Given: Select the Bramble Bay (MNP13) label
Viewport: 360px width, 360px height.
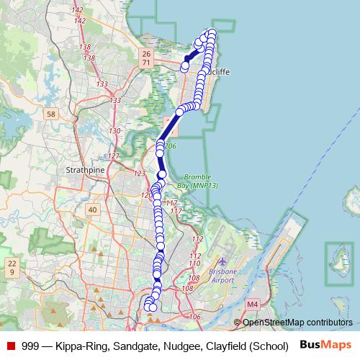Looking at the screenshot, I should click(200, 181).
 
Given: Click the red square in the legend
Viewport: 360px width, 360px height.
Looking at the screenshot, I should click(11, 346).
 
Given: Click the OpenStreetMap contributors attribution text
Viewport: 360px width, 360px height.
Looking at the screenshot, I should click(297, 322).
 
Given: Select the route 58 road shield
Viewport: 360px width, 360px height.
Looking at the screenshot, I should click(50, 114).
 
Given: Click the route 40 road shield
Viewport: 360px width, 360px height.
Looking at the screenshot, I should click(92, 210).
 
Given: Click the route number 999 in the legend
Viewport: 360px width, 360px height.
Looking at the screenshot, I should click(30, 346).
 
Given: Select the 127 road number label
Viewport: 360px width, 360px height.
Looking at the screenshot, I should click(113, 156).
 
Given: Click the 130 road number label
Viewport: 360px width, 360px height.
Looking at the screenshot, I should click(114, 131).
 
